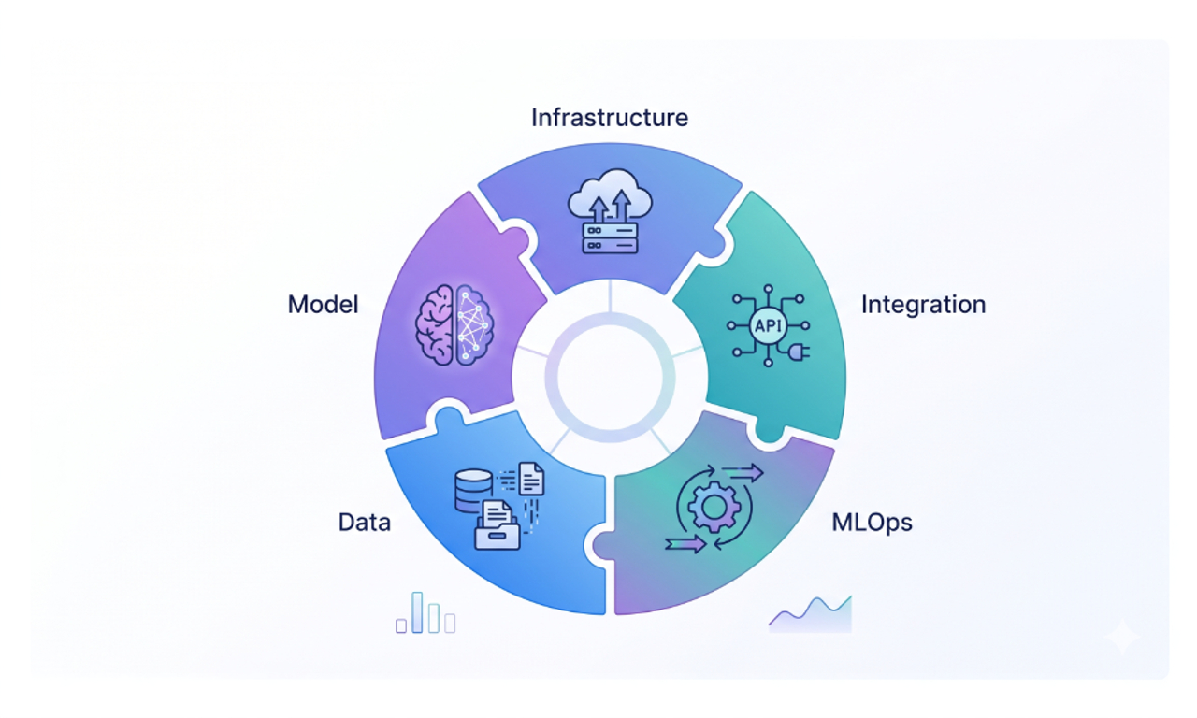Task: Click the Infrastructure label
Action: click(609, 118)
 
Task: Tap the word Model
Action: click(323, 305)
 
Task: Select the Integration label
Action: click(923, 305)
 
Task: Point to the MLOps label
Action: click(872, 522)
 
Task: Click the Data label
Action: click(364, 522)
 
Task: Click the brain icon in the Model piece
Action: click(454, 323)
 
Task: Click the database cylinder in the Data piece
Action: click(473, 489)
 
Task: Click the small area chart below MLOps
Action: click(811, 616)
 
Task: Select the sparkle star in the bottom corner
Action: click(1121, 639)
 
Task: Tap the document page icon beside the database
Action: click(531, 479)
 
